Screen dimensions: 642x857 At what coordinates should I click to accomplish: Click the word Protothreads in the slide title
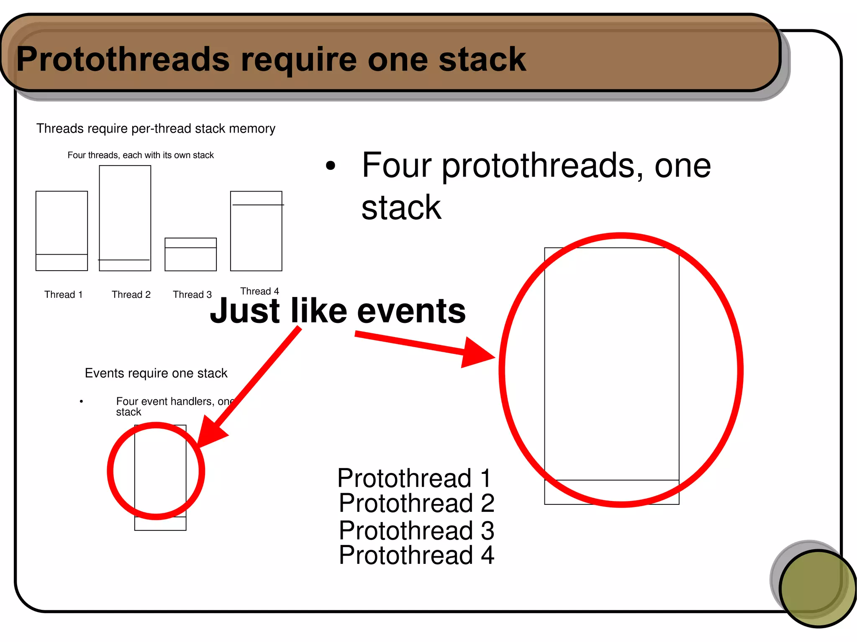(123, 59)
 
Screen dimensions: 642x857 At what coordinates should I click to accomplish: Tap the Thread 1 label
(64, 294)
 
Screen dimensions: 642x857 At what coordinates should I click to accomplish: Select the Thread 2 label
(131, 294)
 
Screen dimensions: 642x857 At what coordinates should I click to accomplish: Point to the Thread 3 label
(192, 294)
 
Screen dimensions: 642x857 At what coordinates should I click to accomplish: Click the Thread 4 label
(259, 291)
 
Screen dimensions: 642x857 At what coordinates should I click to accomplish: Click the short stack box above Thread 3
(190, 255)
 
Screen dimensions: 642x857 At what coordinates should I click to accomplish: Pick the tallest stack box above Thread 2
(125, 217)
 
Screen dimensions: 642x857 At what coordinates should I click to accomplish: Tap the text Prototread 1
(414, 478)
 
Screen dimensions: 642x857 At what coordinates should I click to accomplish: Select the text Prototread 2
(416, 503)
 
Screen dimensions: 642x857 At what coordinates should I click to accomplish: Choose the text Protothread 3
(416, 530)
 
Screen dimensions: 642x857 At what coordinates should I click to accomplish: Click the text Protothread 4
(416, 555)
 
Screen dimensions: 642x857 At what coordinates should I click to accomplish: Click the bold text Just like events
(337, 311)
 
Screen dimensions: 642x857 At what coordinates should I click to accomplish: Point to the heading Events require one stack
(156, 373)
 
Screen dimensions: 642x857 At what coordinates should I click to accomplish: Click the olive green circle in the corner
(817, 588)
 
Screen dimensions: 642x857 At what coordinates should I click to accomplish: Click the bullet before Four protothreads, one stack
(331, 166)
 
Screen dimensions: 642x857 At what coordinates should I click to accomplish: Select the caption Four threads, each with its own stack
(141, 155)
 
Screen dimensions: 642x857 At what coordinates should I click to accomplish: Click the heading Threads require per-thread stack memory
(156, 128)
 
